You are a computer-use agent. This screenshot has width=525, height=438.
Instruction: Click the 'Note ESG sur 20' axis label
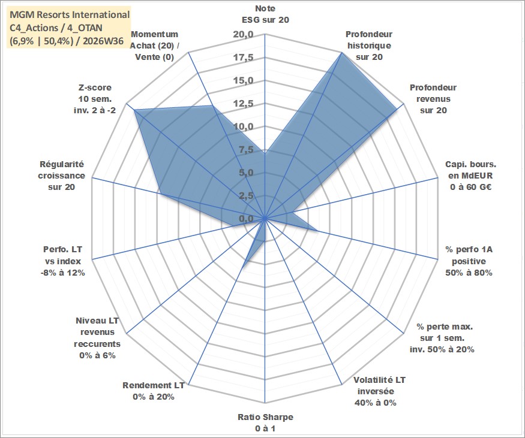[x=265, y=14]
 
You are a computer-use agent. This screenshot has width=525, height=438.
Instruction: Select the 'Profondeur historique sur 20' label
[x=369, y=46]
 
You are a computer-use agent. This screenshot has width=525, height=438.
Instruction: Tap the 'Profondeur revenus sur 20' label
[x=433, y=99]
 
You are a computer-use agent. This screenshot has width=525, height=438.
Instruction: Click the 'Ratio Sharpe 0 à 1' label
[x=265, y=422]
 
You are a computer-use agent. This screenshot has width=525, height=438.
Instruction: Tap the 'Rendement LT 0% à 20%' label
[x=154, y=391]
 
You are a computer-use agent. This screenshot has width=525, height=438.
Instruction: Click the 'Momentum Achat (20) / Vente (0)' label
[x=154, y=46]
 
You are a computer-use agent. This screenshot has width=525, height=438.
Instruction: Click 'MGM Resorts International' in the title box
[x=70, y=15]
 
